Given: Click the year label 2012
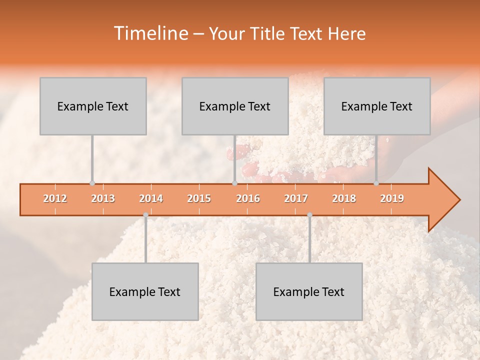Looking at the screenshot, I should tap(55, 198).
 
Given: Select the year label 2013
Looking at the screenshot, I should tap(103, 198).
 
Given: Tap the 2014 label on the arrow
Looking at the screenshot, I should tap(151, 198).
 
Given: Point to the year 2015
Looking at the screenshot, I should tap(199, 198).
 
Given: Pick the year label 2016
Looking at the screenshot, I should tap(248, 198).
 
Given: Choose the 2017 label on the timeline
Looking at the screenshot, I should tap(296, 198).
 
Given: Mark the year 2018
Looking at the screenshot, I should tap(344, 198).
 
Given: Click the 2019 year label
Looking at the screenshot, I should tap(392, 198).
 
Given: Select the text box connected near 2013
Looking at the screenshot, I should tap(93, 106).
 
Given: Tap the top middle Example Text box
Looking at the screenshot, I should tap(235, 106).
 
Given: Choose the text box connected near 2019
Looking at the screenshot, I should tap(377, 106).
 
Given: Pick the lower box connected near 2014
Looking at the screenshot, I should tap(145, 292).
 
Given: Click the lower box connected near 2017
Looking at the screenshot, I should tap(309, 292).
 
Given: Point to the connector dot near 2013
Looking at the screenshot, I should tap(92, 183).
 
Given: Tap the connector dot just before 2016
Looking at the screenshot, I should tap(234, 183).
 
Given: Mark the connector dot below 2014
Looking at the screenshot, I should tap(145, 215).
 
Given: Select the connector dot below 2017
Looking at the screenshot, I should tap(309, 215).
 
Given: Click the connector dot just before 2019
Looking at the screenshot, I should tap(376, 183).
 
